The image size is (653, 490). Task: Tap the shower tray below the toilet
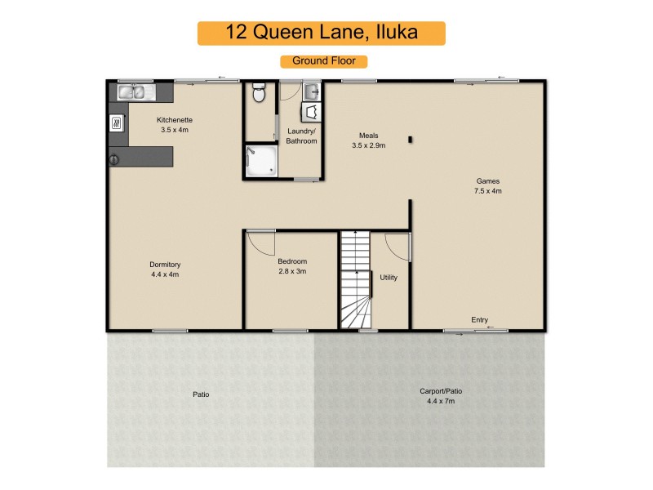[262, 161]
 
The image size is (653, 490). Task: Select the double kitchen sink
[132, 92]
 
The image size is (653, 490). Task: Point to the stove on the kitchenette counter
[117, 124]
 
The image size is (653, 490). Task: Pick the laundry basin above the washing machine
[311, 91]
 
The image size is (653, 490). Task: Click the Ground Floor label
[323, 60]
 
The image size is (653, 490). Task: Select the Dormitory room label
[165, 265]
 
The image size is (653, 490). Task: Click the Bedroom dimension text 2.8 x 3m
[291, 272]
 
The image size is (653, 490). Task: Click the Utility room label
[389, 278]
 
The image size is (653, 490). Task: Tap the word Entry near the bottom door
[480, 319]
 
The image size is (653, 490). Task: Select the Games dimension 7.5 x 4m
[487, 191]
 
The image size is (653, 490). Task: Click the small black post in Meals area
[411, 139]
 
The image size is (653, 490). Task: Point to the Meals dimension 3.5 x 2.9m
[368, 145]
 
